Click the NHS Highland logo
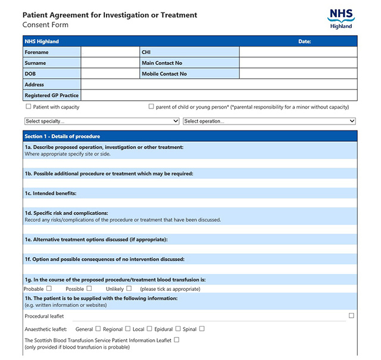pos(341,18)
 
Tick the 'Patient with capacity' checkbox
pos(28,107)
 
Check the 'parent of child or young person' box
pos(151,107)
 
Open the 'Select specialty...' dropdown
pos(102,121)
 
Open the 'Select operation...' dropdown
pos(269,121)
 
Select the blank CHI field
pos(298,52)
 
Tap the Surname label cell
pos(51,63)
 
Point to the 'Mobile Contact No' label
pos(164,74)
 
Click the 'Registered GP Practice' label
pos(51,95)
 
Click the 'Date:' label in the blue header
pos(305,41)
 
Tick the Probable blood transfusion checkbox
pos(49,288)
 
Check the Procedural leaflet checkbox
pos(351,315)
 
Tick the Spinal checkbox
pos(202,328)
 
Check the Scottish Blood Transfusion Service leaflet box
pos(176,340)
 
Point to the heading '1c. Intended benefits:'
pos(51,194)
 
